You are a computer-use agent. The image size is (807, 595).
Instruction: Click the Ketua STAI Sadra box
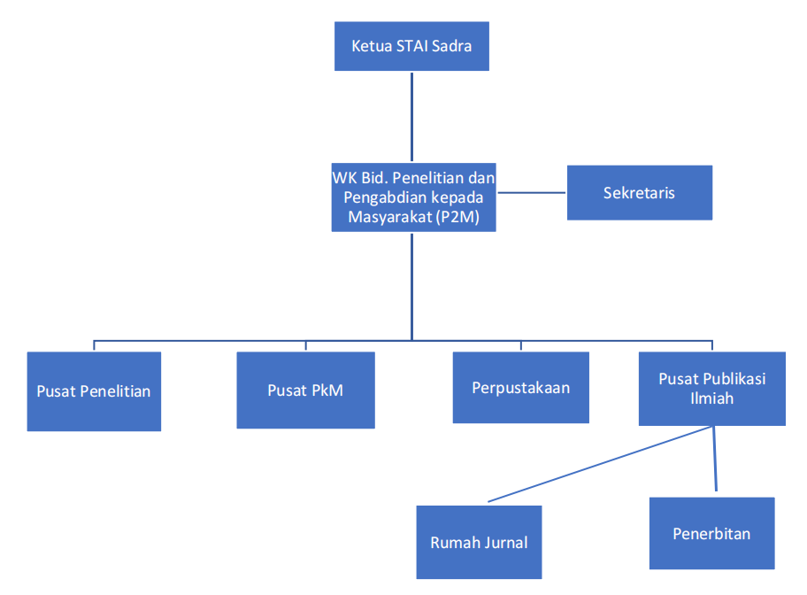(411, 46)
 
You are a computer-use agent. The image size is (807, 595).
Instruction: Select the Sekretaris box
(639, 192)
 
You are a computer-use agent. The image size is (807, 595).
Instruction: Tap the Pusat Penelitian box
(94, 391)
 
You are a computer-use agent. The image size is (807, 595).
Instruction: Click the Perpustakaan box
(520, 388)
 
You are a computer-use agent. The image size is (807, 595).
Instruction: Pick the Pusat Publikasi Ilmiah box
(711, 388)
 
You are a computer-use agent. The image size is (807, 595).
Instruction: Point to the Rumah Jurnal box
(479, 542)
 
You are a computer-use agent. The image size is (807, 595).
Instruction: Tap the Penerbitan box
(711, 533)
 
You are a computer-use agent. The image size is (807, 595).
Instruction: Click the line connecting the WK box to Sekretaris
(531, 192)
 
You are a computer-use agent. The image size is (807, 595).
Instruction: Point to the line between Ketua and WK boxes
(411, 115)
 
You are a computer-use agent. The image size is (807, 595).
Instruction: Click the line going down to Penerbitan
(714, 460)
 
